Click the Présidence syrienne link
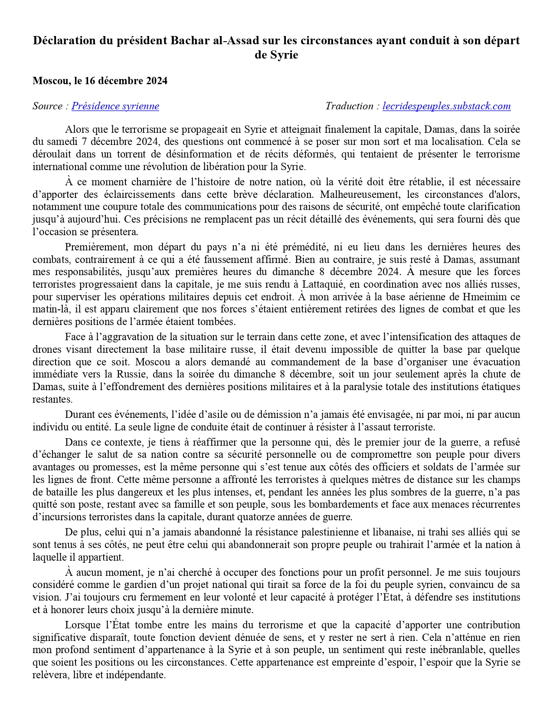pyautogui.click(x=115, y=106)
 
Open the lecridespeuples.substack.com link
pyautogui.click(x=446, y=106)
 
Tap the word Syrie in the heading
pyautogui.click(x=276, y=56)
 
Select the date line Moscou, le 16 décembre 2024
pyautogui.click(x=100, y=81)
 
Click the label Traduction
pyautogui.click(x=349, y=106)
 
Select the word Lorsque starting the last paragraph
pyautogui.click(x=82, y=625)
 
